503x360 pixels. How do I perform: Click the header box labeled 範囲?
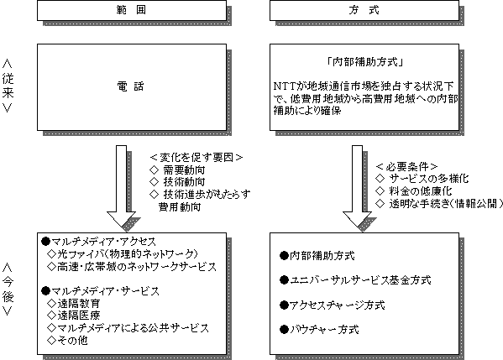(132, 10)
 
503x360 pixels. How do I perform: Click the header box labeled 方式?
(364, 10)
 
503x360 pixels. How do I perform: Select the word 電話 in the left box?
(130, 86)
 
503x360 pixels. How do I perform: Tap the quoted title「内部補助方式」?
(364, 61)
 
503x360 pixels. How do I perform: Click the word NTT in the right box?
(284, 86)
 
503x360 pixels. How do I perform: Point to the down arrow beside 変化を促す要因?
(121, 186)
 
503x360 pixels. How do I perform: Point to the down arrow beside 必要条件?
(358, 186)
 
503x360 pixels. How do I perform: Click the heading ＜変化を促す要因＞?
(196, 158)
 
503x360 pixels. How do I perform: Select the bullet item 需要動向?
(184, 170)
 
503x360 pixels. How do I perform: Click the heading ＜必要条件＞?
(406, 167)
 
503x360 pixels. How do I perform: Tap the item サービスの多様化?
(429, 179)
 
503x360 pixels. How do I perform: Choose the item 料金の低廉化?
(421, 191)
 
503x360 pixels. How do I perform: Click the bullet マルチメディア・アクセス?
(99, 242)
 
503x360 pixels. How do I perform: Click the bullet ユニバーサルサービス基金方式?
(355, 280)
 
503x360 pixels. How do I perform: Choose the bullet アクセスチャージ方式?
(333, 305)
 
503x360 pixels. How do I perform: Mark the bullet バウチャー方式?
(319, 329)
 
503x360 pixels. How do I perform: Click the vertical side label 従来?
(8, 86)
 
